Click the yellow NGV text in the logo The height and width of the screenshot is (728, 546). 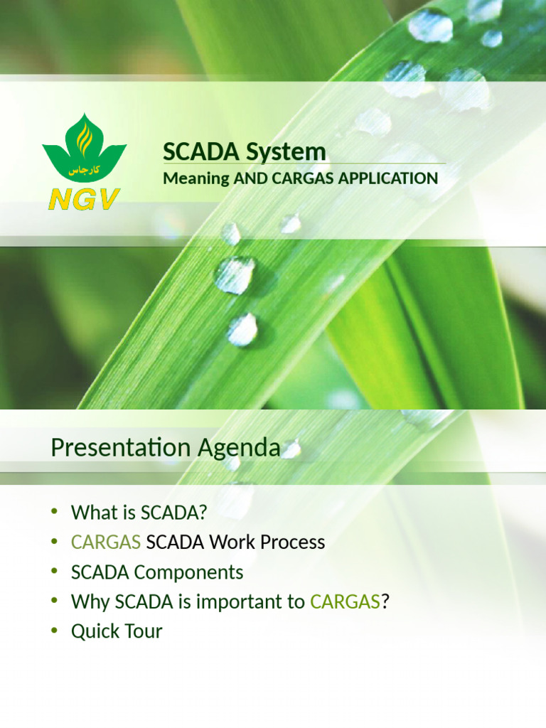[84, 199]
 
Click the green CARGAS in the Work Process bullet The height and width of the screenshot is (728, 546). [105, 542]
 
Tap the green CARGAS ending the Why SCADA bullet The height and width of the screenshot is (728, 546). [345, 602]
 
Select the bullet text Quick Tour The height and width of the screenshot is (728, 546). [117, 631]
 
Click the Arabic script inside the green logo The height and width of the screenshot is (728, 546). [83, 171]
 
